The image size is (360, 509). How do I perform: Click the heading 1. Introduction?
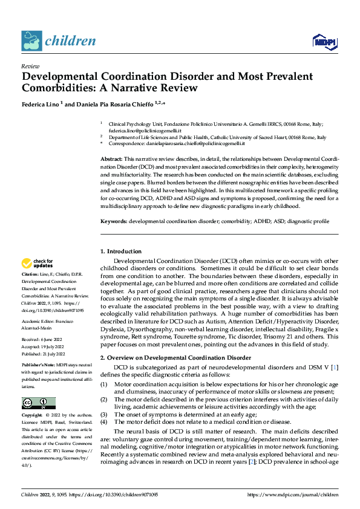[120, 251]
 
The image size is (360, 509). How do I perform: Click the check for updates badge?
[37, 263]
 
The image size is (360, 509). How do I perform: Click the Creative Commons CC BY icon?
[39, 403]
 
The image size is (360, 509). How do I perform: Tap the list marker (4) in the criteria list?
[103, 422]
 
